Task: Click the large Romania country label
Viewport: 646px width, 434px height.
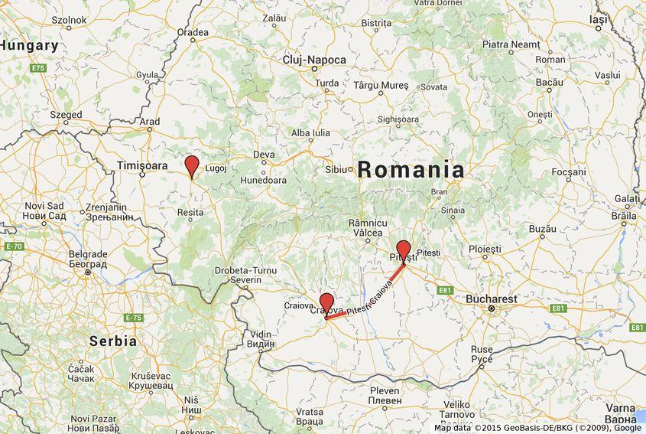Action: coord(411,169)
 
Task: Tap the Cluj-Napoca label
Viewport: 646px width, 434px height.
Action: coord(314,60)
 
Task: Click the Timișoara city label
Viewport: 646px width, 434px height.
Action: coord(142,165)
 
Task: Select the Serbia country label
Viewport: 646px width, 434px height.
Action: coord(112,341)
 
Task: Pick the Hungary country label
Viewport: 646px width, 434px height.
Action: coord(29,46)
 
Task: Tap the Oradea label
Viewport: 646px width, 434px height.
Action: coord(192,32)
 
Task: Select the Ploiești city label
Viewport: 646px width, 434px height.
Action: coord(485,250)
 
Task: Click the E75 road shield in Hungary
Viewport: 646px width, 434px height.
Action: coord(38,69)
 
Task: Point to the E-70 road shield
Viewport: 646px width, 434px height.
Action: coord(14,246)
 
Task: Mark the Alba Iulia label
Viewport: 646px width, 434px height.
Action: coord(310,132)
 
